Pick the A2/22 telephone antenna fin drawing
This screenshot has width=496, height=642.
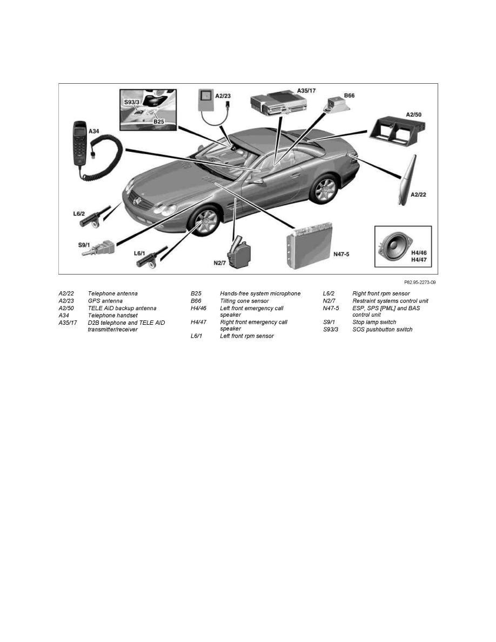click(x=407, y=179)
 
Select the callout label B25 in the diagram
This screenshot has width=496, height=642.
click(x=158, y=123)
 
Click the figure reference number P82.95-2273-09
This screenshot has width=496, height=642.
click(x=419, y=282)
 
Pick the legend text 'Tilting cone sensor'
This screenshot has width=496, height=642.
click(x=244, y=301)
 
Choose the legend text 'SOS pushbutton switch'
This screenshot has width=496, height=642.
click(x=382, y=330)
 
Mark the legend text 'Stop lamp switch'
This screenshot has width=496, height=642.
click(x=374, y=323)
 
